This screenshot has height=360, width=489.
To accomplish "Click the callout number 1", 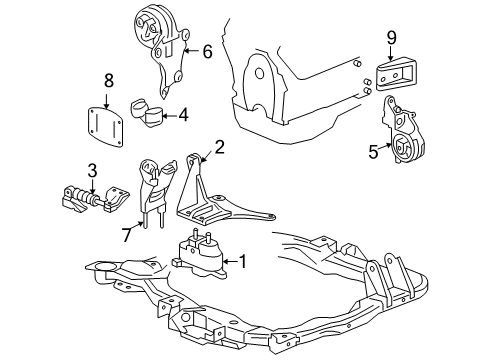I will click(240, 264).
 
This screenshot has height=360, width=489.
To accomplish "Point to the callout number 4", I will click(183, 115).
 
